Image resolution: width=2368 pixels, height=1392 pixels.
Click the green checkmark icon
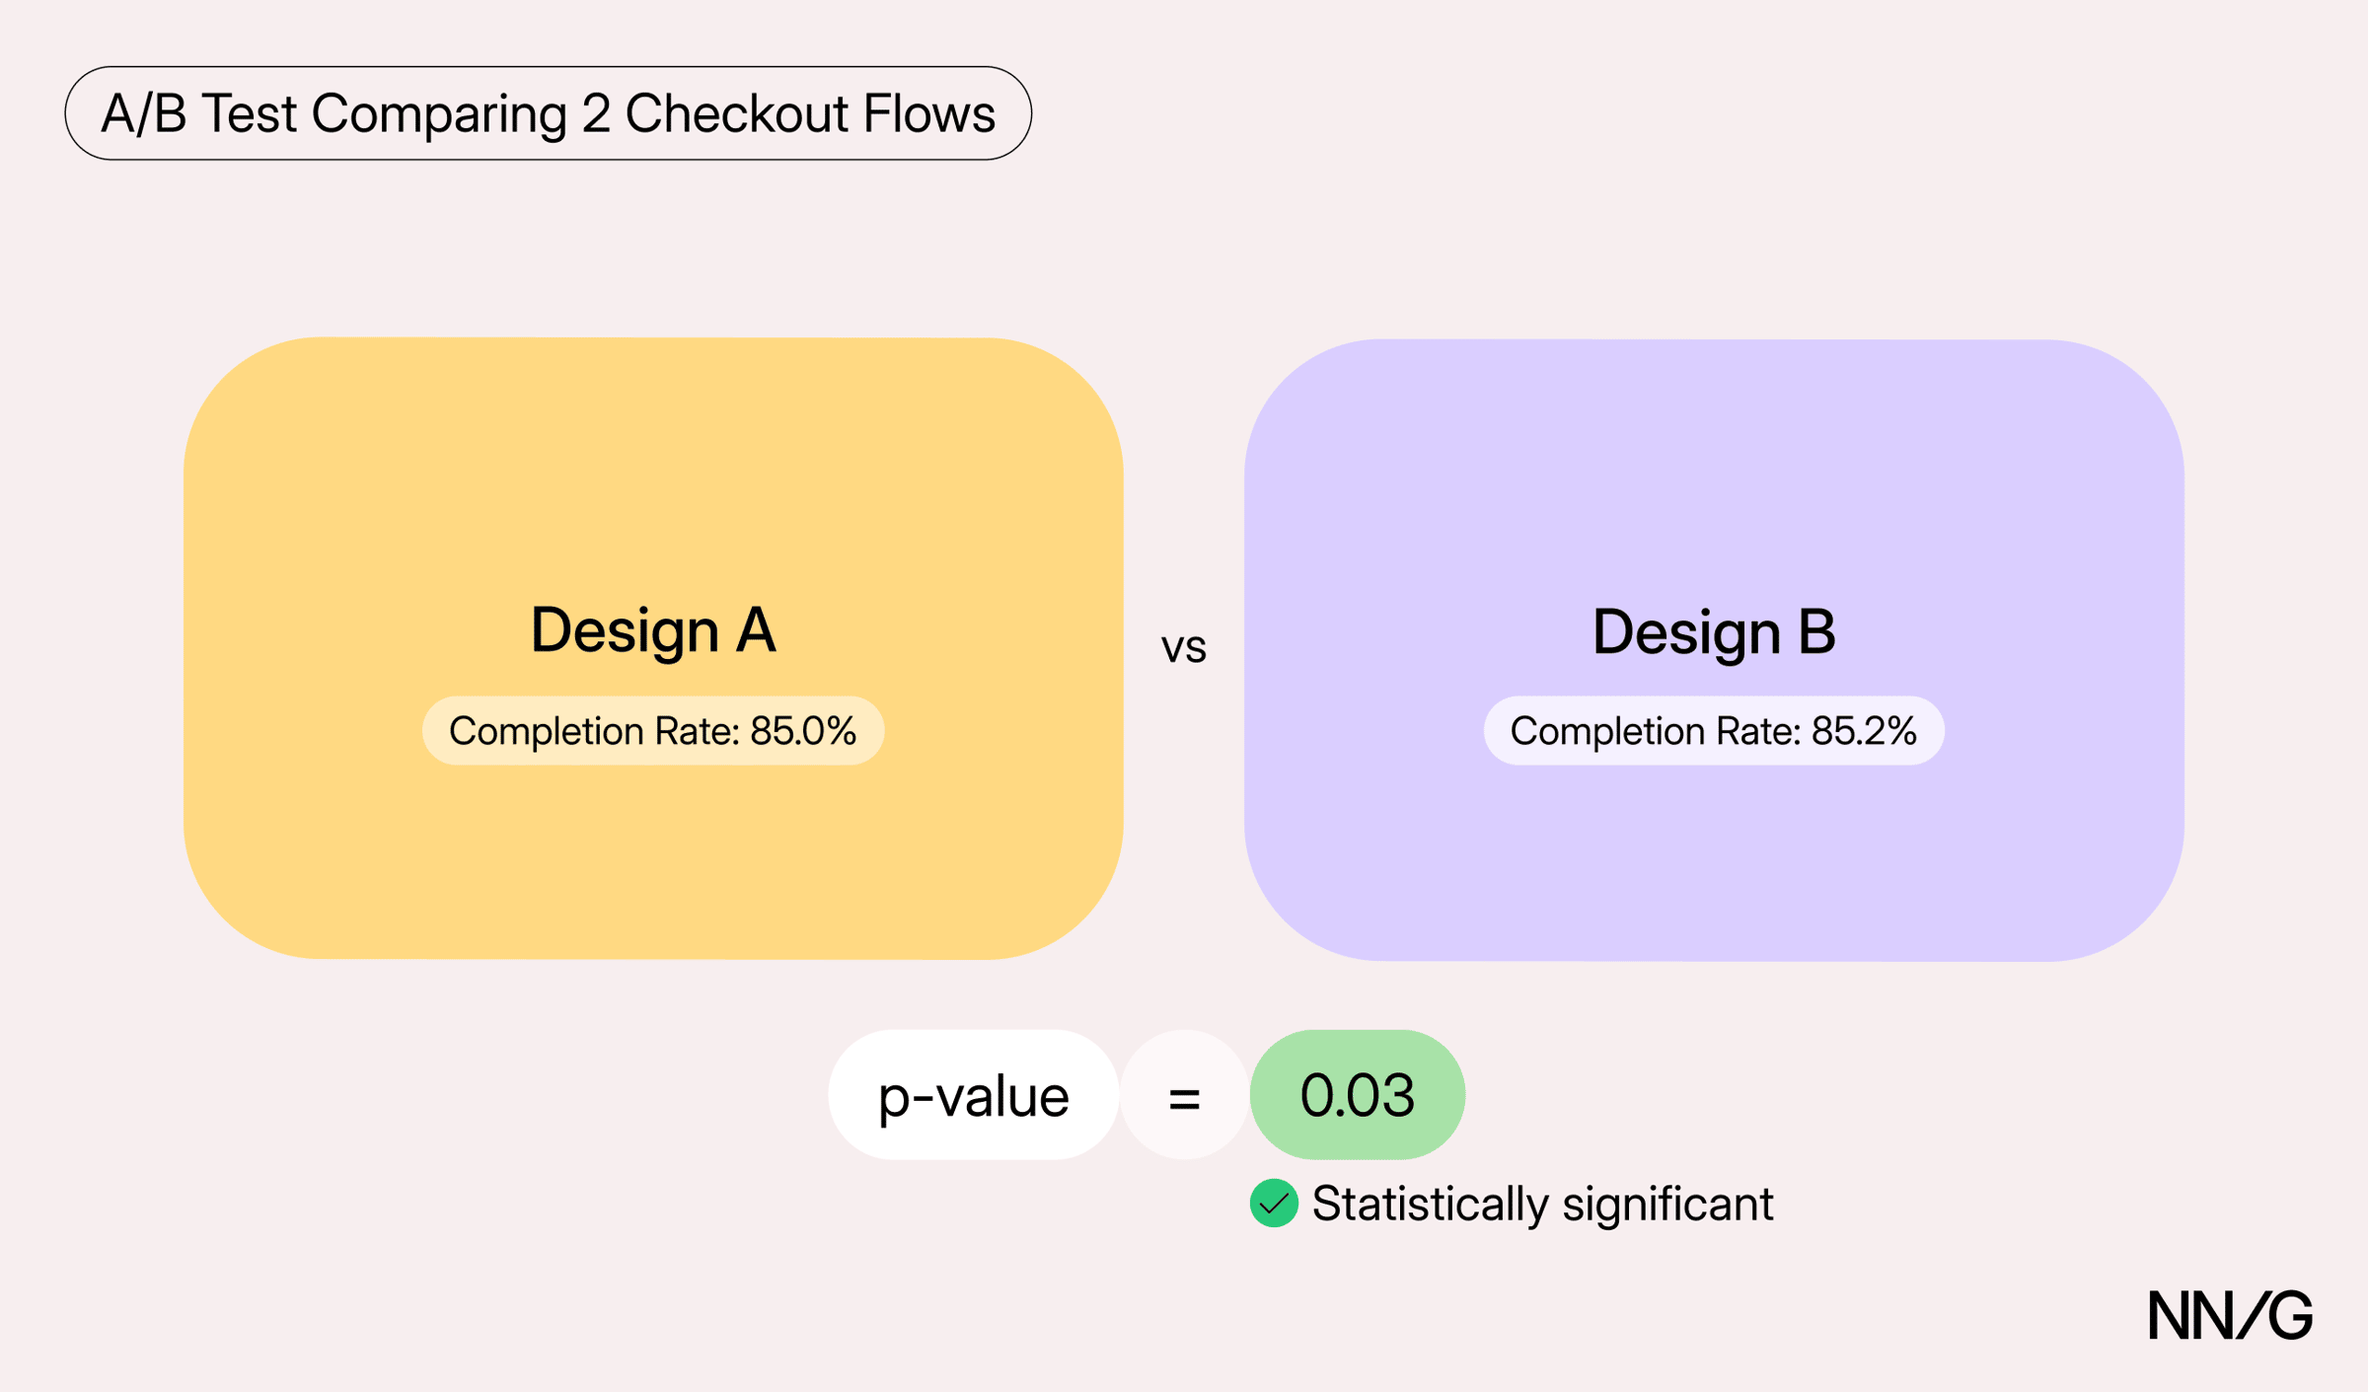pos(1274,1203)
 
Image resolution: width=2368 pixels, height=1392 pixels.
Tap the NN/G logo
pos(2230,1315)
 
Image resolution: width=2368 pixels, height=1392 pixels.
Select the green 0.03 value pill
pos(1358,1094)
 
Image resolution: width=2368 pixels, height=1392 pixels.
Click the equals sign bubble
pos(1184,1095)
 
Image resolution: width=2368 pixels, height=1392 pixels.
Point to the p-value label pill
pos(974,1094)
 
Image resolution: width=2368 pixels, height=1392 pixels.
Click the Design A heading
pos(653,629)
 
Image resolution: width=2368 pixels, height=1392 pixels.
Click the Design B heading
pos(1714,631)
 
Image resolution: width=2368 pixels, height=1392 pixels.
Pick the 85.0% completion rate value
pos(803,731)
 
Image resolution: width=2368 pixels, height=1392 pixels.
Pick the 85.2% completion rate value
pos(1864,731)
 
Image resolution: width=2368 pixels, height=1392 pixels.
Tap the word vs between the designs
pos(1184,648)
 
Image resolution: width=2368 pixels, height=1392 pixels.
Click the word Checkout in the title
pos(736,113)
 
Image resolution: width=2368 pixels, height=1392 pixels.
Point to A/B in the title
pos(144,113)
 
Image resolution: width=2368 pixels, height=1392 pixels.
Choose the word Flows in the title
pos(929,113)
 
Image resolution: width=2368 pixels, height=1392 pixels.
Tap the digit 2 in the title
pos(596,113)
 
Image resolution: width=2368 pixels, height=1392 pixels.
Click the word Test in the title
pos(250,113)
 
